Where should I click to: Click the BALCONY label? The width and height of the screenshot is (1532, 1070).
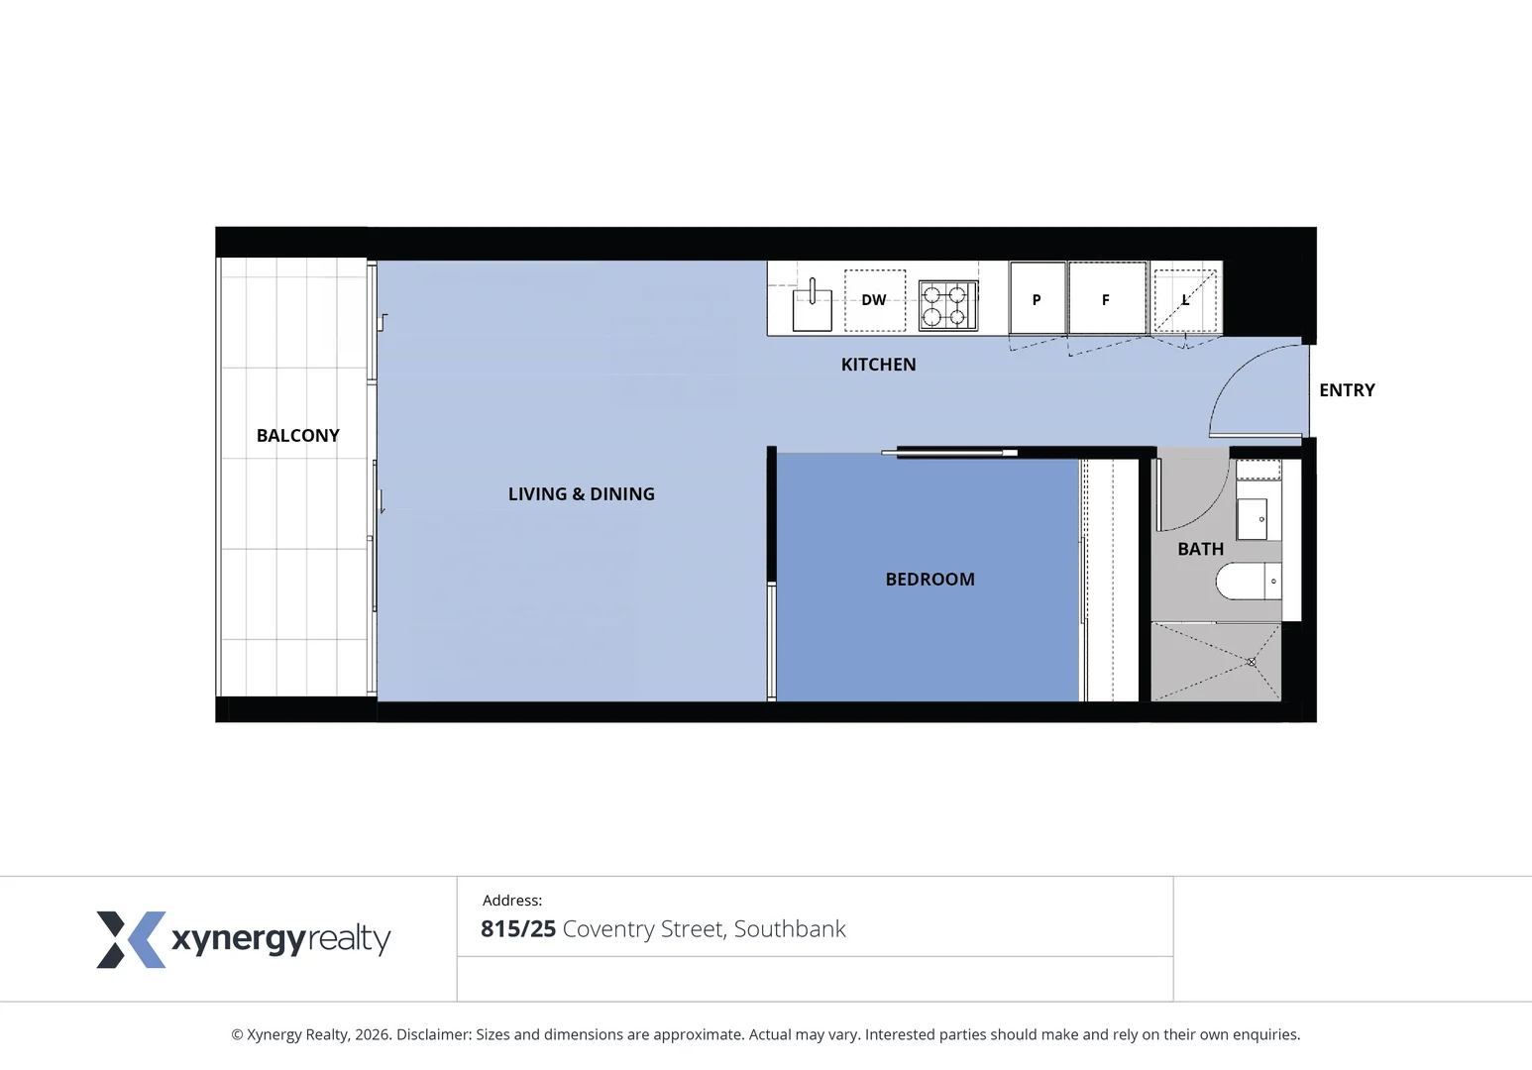[297, 436]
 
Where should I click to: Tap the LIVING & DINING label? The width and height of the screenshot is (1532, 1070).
[581, 494]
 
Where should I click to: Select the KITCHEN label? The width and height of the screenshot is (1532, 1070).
[878, 365]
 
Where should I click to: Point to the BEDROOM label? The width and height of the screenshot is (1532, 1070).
[930, 580]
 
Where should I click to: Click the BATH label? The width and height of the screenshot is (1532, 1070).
[1200, 549]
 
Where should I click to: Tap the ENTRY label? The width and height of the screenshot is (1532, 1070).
[1347, 390]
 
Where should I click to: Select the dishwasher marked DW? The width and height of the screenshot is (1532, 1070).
[874, 300]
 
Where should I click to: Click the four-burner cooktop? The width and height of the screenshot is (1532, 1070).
[947, 305]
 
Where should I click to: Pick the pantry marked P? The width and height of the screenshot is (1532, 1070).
[1037, 299]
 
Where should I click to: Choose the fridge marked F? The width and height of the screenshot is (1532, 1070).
[1106, 299]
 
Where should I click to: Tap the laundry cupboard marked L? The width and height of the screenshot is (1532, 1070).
[1185, 299]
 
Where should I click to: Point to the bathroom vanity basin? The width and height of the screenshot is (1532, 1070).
[1253, 519]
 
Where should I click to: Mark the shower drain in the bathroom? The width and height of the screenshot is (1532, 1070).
[1252, 661]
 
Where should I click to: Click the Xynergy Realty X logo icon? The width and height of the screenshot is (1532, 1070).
[130, 939]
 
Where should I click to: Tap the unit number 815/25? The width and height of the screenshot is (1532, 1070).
[518, 929]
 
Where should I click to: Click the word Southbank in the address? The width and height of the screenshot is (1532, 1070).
[790, 929]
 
